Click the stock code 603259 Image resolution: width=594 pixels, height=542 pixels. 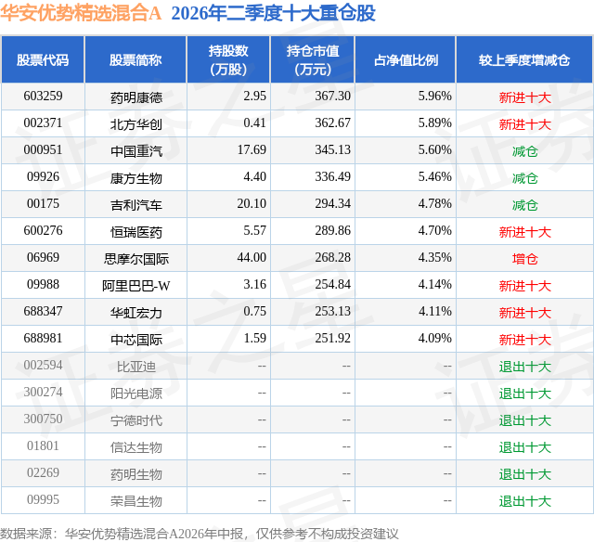tap(43, 96)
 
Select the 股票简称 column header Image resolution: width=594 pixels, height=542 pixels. tap(136, 59)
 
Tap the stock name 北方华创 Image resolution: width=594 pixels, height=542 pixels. tap(136, 124)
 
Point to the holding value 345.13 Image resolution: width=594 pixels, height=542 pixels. tap(332, 149)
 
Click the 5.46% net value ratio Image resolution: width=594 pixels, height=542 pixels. tap(435, 176)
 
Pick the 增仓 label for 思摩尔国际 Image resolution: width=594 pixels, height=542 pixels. tap(524, 259)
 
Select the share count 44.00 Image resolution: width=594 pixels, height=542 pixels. tap(252, 257)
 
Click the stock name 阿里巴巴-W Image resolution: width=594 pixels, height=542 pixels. tap(136, 286)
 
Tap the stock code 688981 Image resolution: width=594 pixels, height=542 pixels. tap(43, 338)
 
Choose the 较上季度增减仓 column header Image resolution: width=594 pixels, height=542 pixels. tap(524, 59)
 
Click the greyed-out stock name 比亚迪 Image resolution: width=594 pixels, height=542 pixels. tap(136, 367)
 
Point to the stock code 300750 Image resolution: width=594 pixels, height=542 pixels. tap(43, 419)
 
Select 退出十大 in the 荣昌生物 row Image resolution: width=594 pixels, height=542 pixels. tap(524, 501)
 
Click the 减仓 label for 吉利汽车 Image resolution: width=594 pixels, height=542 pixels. tap(524, 205)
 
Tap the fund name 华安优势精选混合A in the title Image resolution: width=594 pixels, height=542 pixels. tap(81, 13)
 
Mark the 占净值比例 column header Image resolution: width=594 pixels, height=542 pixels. tap(406, 59)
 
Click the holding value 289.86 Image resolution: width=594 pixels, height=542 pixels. tap(332, 230)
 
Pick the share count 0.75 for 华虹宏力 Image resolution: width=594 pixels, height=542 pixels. tap(254, 311)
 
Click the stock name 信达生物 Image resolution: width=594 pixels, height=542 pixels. tap(136, 447)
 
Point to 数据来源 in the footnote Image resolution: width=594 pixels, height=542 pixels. tap(26, 534)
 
